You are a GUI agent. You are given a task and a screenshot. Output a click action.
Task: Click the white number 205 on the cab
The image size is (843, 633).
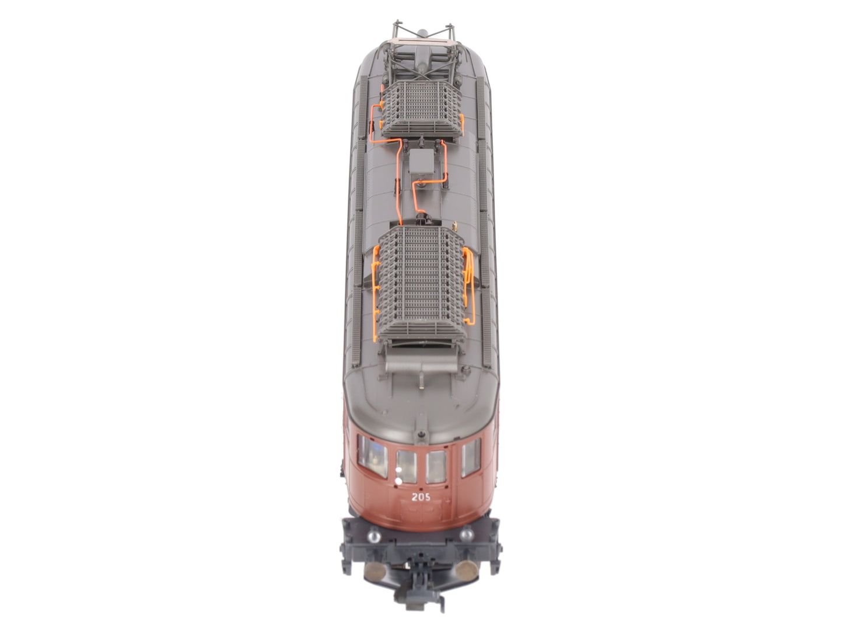421,497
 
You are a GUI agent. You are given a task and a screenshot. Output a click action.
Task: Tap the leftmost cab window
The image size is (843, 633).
372,456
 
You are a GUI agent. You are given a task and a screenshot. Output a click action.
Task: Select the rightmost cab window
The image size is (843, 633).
471,457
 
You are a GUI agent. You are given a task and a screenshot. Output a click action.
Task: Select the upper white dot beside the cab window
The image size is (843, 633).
398,469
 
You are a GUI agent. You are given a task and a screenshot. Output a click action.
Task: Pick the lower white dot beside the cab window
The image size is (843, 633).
398,481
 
